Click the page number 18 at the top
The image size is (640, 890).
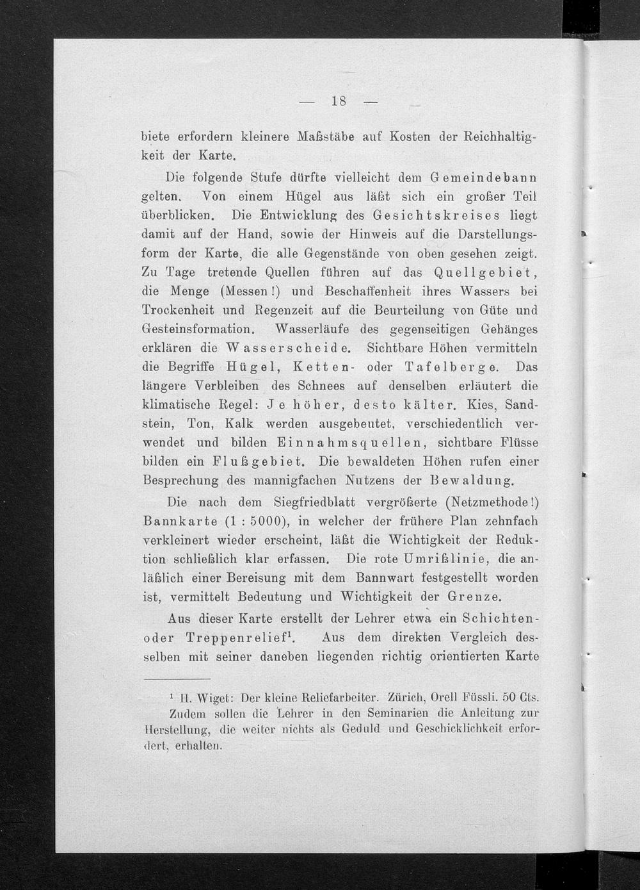tap(339, 101)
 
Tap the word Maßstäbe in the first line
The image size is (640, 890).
tap(326, 136)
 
